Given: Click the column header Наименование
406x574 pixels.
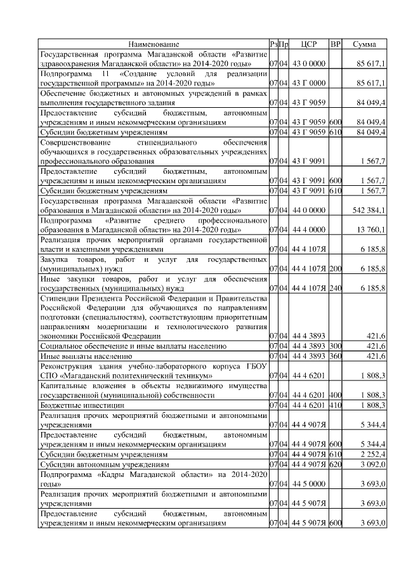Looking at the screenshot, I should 154,44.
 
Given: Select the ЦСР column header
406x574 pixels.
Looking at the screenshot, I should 310,44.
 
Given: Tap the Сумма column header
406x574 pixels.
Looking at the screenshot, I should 364,44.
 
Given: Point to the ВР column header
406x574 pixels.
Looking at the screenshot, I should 336,44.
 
